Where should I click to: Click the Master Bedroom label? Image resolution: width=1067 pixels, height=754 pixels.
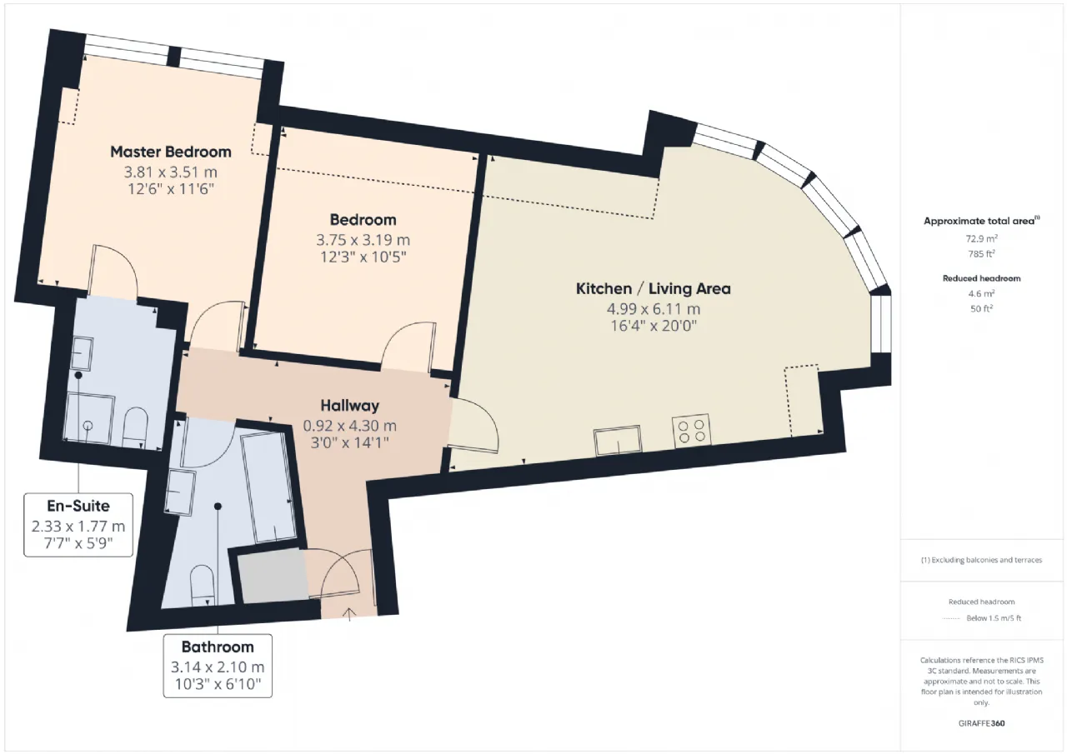click(x=171, y=152)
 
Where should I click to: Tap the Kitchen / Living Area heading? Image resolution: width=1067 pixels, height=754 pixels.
click(x=653, y=288)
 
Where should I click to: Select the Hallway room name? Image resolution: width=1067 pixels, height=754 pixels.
click(x=349, y=406)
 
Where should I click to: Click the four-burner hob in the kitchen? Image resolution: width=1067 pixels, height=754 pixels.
click(x=691, y=430)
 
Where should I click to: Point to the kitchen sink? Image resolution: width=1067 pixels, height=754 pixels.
click(x=618, y=440)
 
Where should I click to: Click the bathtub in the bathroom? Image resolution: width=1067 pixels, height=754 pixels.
click(x=268, y=487)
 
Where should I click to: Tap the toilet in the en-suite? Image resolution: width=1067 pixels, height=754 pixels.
click(x=135, y=427)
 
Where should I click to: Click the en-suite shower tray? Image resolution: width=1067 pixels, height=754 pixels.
click(x=88, y=419)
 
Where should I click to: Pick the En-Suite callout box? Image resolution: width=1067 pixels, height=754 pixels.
click(x=78, y=525)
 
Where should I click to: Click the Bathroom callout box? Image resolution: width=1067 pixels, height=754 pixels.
click(x=218, y=666)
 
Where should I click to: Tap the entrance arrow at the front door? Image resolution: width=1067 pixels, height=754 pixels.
click(x=350, y=614)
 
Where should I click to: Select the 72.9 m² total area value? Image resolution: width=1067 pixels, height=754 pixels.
click(x=981, y=238)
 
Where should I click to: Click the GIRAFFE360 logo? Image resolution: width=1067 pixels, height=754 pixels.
click(x=981, y=723)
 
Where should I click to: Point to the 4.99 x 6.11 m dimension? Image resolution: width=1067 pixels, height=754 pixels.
click(x=653, y=309)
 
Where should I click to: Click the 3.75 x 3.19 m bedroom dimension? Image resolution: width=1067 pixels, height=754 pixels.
click(x=363, y=240)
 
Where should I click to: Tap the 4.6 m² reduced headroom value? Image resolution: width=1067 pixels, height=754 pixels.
click(x=981, y=293)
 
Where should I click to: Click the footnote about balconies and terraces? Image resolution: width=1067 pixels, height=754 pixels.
click(x=981, y=560)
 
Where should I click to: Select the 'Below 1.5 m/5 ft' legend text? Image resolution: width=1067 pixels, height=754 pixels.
click(x=994, y=618)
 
